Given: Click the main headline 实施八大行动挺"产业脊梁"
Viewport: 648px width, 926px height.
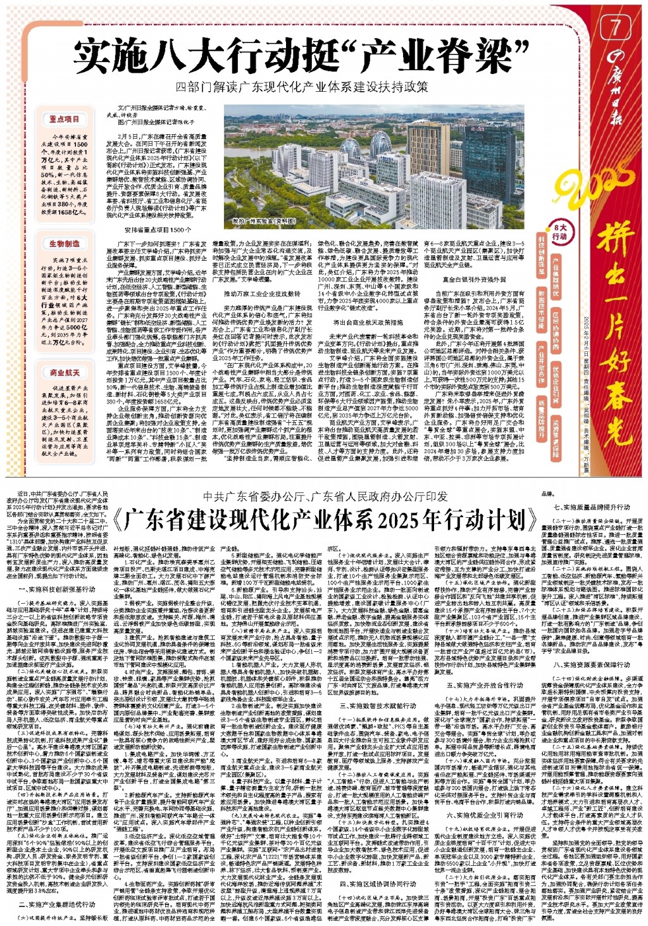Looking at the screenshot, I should click(301, 57).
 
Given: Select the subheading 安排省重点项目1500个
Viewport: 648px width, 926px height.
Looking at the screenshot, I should click(158, 230).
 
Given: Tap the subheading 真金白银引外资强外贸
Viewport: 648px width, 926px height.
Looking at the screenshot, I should click(474, 279).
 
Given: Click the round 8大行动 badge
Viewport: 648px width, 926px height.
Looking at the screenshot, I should click(560, 232).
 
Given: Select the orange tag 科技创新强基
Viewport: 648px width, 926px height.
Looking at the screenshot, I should click(542, 259).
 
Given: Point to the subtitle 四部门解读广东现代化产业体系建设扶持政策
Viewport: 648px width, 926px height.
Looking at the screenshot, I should click(302, 87).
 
